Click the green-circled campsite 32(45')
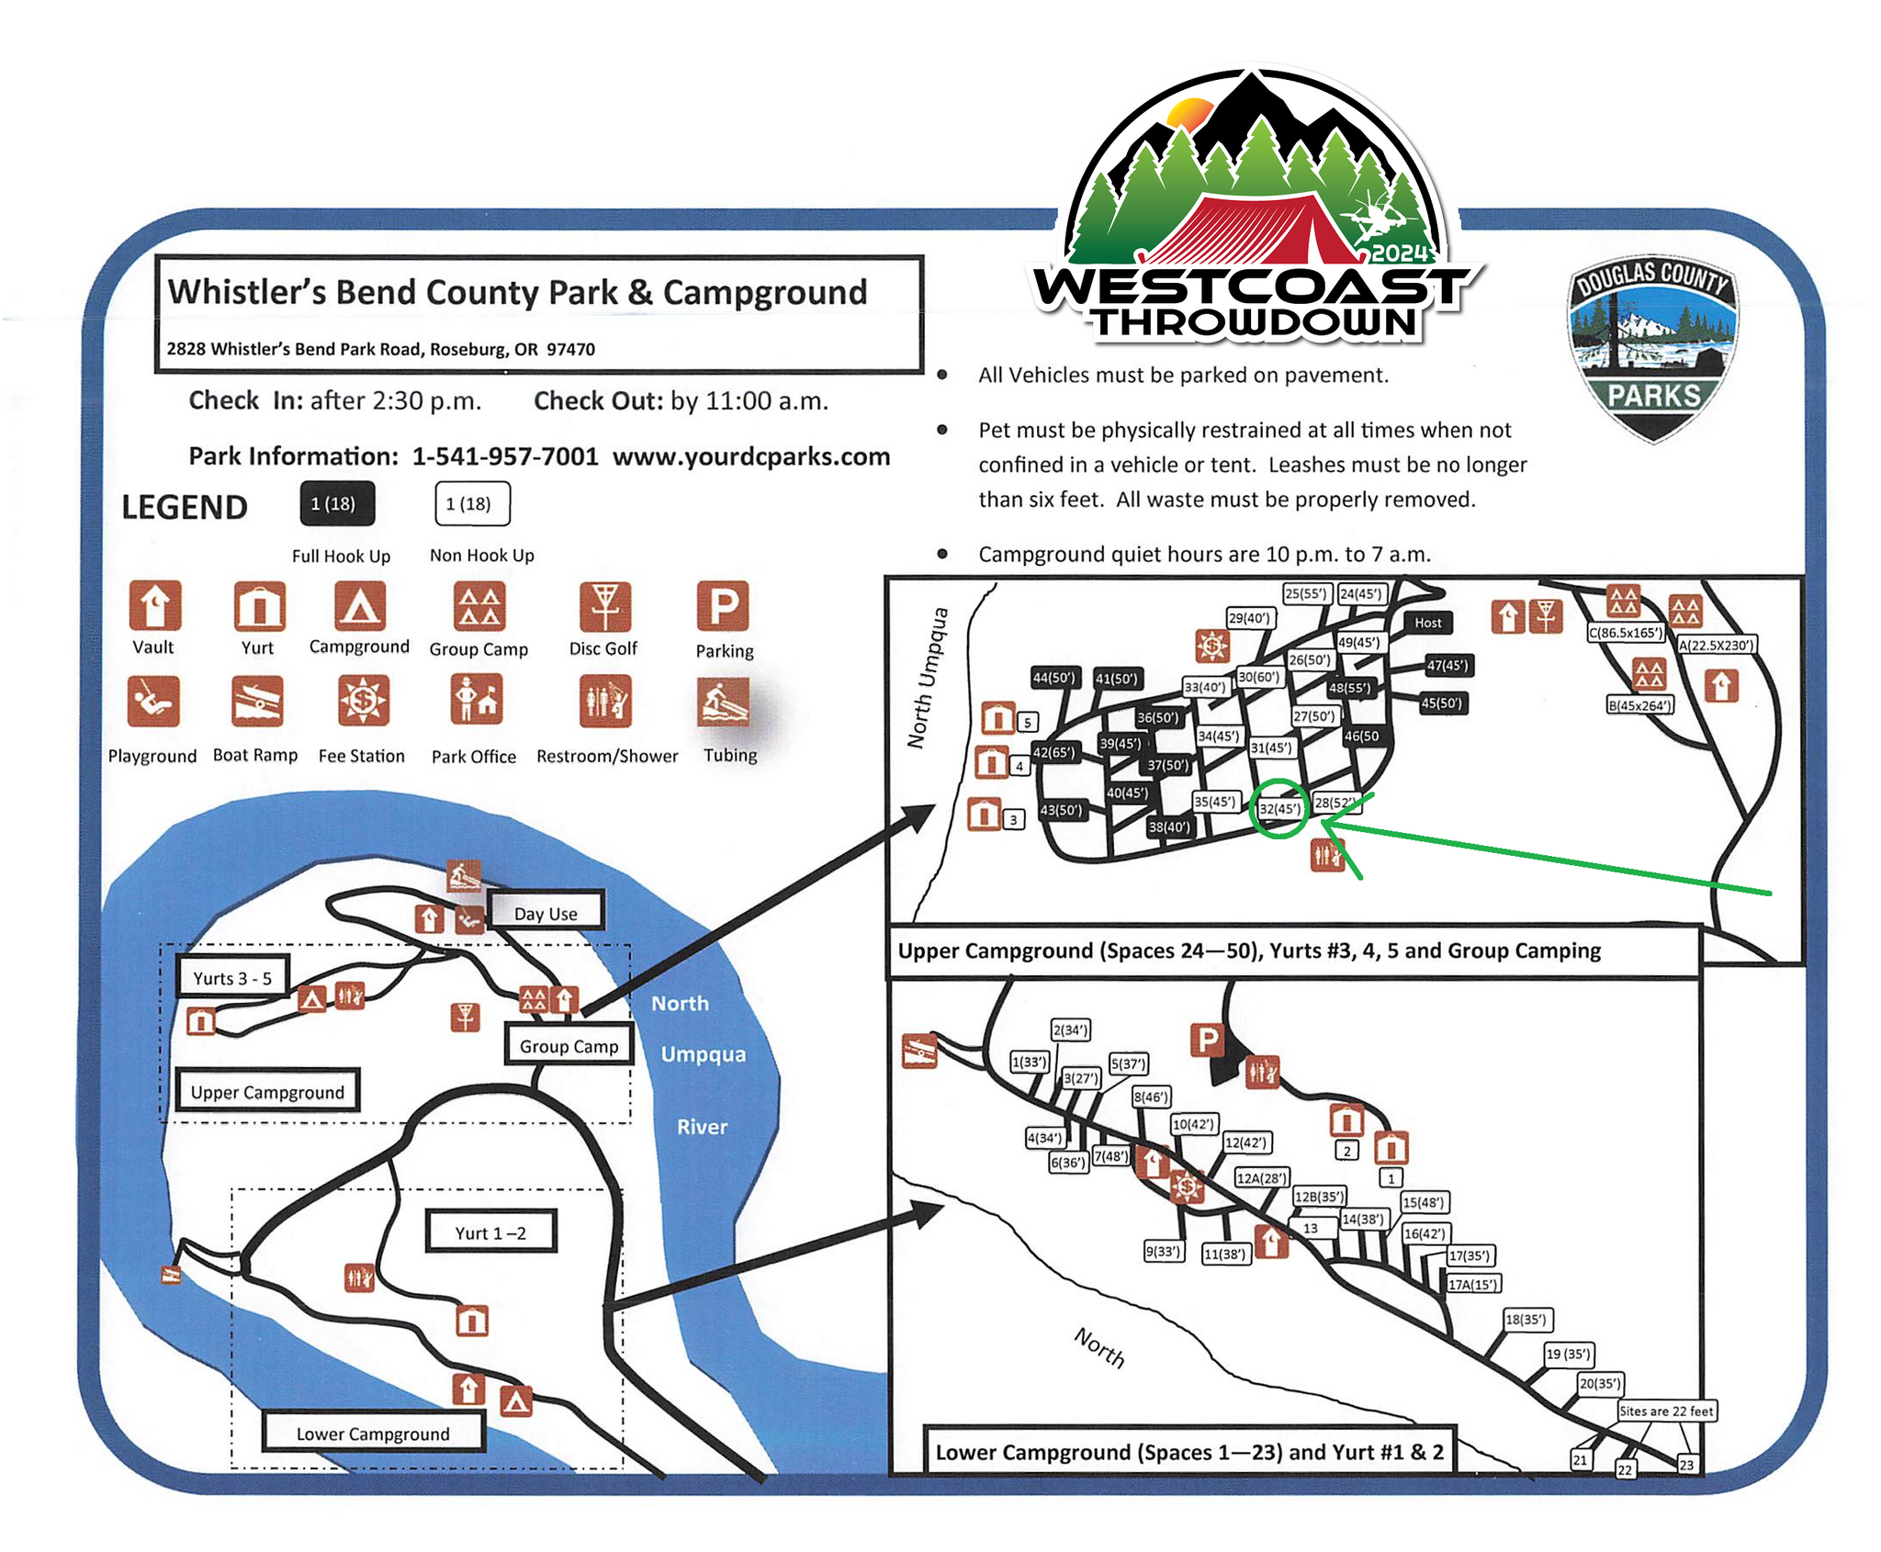[1278, 808]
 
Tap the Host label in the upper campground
[1427, 623]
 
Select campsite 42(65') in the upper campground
[1053, 752]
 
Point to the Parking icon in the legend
[723, 605]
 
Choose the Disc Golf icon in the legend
[604, 605]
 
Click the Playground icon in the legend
[153, 702]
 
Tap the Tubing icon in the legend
[724, 702]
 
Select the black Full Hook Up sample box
[337, 503]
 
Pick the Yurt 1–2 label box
[490, 1232]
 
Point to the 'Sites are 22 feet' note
[1666, 1411]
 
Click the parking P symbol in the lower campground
[1207, 1040]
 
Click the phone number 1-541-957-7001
[505, 456]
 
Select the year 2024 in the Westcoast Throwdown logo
[1400, 253]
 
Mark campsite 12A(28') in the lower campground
[1262, 1178]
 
